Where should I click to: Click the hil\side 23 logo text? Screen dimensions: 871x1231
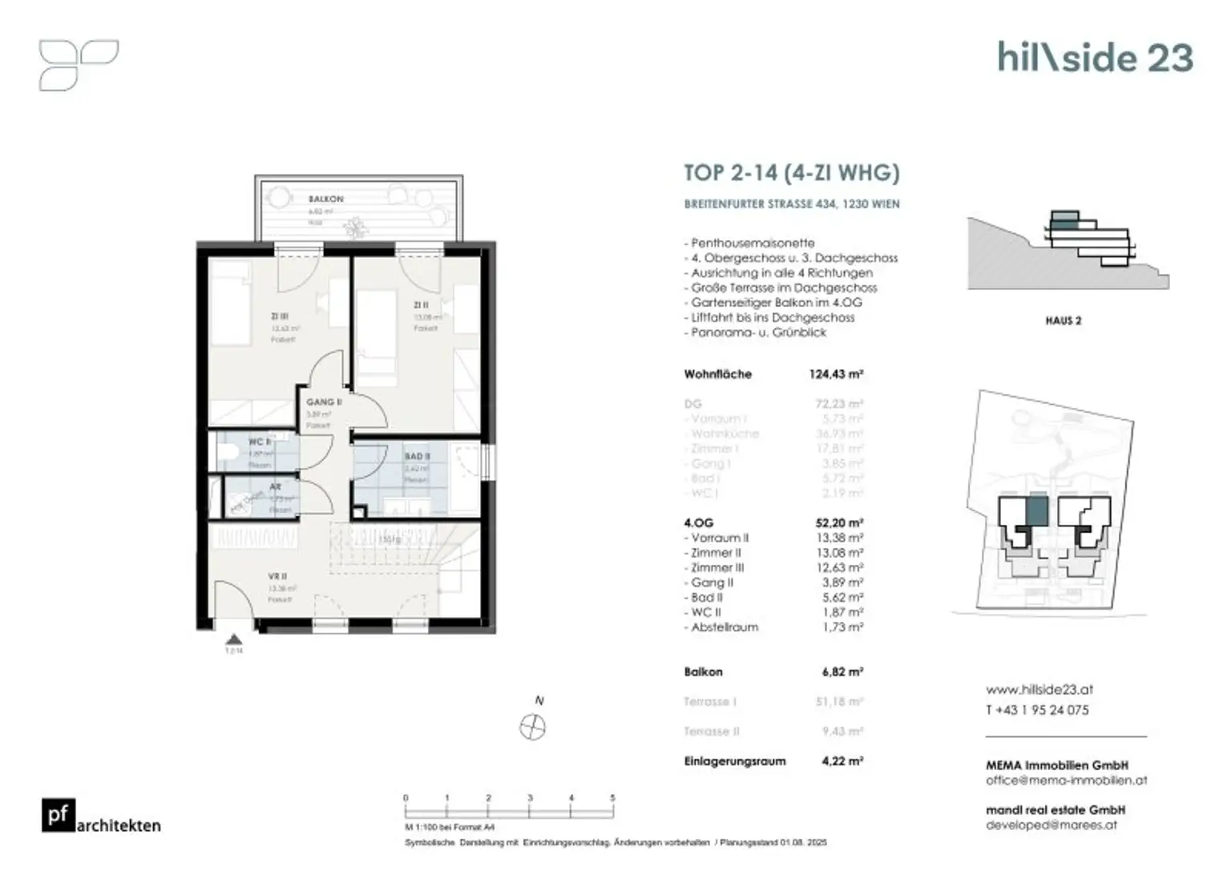1095,58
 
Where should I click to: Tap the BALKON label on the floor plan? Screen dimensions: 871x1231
325,199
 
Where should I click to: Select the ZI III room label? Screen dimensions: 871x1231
279,317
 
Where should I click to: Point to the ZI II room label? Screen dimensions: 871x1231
422,305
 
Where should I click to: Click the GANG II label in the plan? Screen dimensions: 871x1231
324,401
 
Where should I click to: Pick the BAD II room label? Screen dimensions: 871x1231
417,456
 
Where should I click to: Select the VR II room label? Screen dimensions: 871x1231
277,576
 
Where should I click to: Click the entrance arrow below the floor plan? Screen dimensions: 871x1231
233,639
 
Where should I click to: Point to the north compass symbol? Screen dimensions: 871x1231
533,728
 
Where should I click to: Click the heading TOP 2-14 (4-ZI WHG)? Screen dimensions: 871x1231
791,173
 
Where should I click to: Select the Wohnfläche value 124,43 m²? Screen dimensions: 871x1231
835,374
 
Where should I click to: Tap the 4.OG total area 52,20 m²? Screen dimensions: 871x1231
838,523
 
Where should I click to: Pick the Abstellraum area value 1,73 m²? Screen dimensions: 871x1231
842,627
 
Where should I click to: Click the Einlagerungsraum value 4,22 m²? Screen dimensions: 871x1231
842,761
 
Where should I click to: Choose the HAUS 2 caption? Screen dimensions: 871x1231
1063,321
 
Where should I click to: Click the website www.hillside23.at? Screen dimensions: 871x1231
1039,689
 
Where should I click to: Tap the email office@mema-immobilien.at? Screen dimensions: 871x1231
1066,780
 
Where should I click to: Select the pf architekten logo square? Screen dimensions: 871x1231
59,815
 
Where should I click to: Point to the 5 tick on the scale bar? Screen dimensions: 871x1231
612,798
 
